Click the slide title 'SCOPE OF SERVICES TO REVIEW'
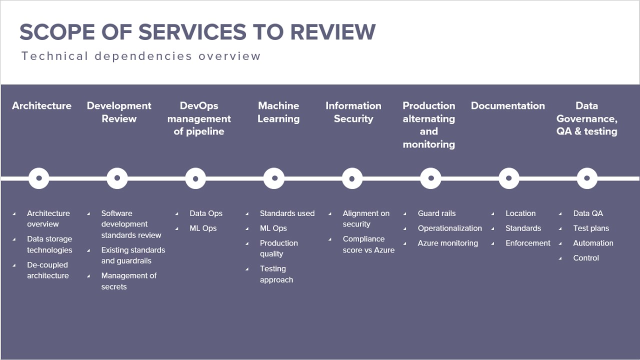point(197,32)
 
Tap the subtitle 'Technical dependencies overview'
point(141,56)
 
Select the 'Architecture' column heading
point(42,106)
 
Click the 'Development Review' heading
point(119,112)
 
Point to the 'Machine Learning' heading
point(278,112)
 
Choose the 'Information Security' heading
point(353,112)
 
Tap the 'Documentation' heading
point(507,106)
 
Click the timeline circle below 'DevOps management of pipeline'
point(195,178)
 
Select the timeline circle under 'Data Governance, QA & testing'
point(587,178)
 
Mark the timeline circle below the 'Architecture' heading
point(39,178)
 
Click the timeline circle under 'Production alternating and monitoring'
point(430,178)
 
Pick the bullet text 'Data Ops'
point(206,213)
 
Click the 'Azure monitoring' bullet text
point(448,243)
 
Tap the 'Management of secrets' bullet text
point(128,281)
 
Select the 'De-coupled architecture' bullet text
point(48,270)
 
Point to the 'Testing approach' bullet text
point(276,274)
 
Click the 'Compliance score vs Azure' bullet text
point(368,244)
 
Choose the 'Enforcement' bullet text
point(527,243)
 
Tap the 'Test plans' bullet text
point(591,228)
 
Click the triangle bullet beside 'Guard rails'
point(405,214)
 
